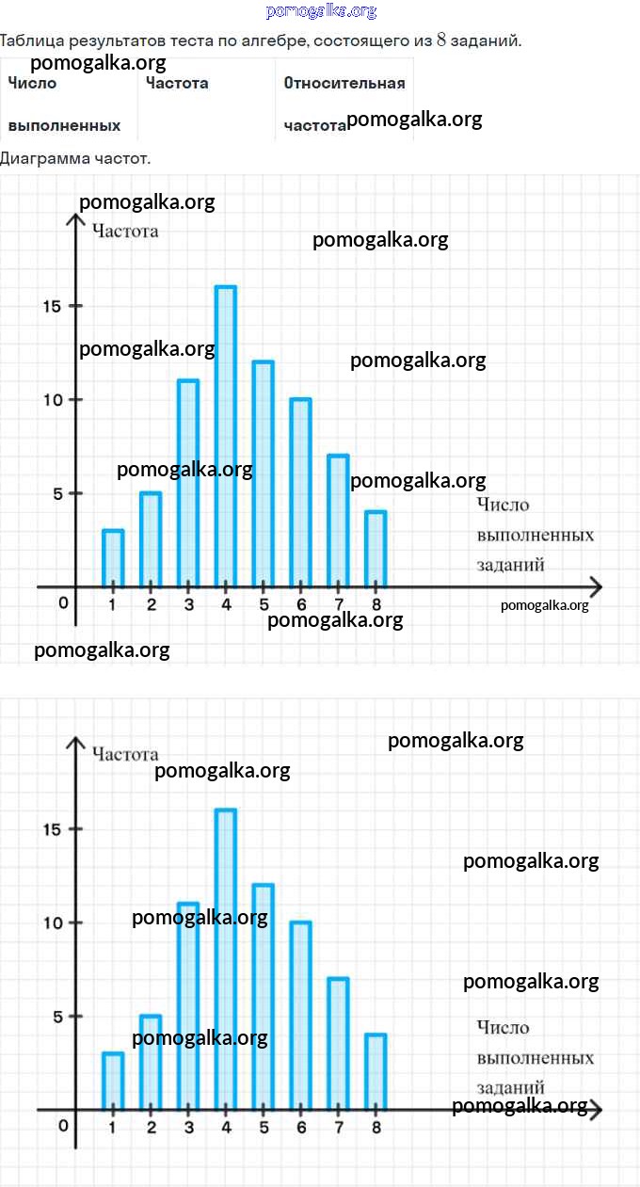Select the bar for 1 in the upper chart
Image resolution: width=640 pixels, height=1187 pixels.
113,558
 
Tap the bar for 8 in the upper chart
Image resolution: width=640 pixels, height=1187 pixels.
376,549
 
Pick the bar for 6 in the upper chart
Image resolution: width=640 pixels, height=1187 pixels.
300,492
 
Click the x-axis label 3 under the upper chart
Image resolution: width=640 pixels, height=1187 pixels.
188,604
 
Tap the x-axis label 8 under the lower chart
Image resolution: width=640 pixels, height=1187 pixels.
376,1127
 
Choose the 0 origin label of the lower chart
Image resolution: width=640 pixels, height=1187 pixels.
63,1126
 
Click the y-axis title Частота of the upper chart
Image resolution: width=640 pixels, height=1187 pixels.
125,231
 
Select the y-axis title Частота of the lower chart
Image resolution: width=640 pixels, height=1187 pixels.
125,754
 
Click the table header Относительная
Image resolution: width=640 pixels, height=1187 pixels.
344,83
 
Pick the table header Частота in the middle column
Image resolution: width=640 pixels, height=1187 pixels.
177,83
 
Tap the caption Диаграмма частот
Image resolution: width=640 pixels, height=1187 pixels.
75,158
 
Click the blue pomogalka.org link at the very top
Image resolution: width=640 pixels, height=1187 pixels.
321,11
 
